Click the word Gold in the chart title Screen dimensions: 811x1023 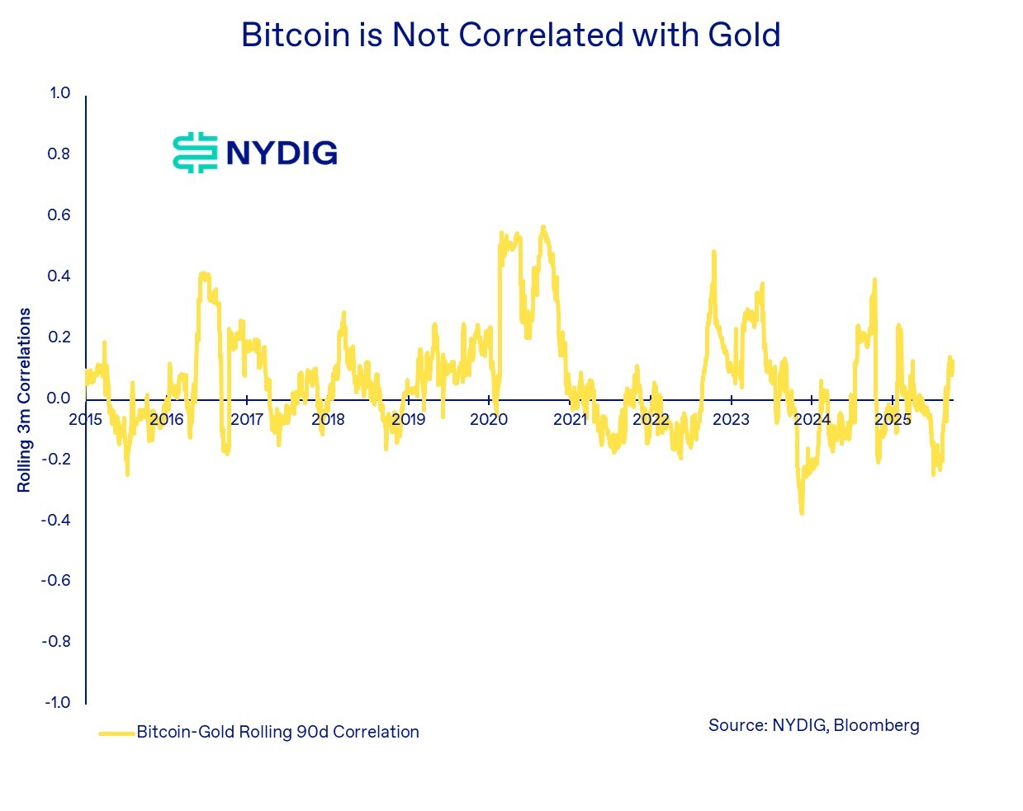[744, 35]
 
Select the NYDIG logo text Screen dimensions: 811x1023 [282, 153]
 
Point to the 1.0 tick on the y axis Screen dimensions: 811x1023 [59, 92]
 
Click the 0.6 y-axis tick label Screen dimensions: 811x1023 [59, 215]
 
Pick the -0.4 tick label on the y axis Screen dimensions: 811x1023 [57, 520]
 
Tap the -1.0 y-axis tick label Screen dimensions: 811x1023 [57, 702]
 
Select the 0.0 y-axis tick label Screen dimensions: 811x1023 [59, 398]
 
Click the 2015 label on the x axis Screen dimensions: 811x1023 [86, 419]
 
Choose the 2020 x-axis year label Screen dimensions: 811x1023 [489, 419]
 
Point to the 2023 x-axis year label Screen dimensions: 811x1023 [731, 419]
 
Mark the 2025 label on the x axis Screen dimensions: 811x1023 [893, 419]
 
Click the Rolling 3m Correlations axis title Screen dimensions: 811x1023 [24, 400]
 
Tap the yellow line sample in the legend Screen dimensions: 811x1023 [116, 733]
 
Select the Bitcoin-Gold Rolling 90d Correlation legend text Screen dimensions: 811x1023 [277, 732]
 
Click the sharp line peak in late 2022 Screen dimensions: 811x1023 [713, 252]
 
